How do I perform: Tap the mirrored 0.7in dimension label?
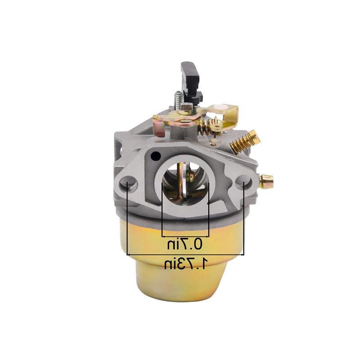click(185, 244)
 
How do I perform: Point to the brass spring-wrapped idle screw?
click(244, 139)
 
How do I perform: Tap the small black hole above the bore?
click(155, 156)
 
